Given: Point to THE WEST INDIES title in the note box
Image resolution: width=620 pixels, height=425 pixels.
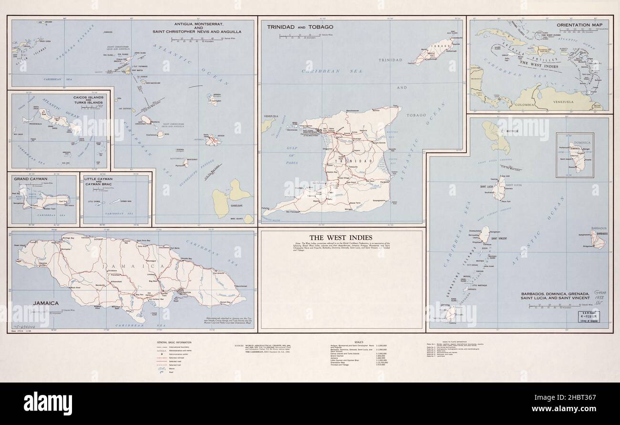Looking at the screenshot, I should pyautogui.click(x=341, y=237).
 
